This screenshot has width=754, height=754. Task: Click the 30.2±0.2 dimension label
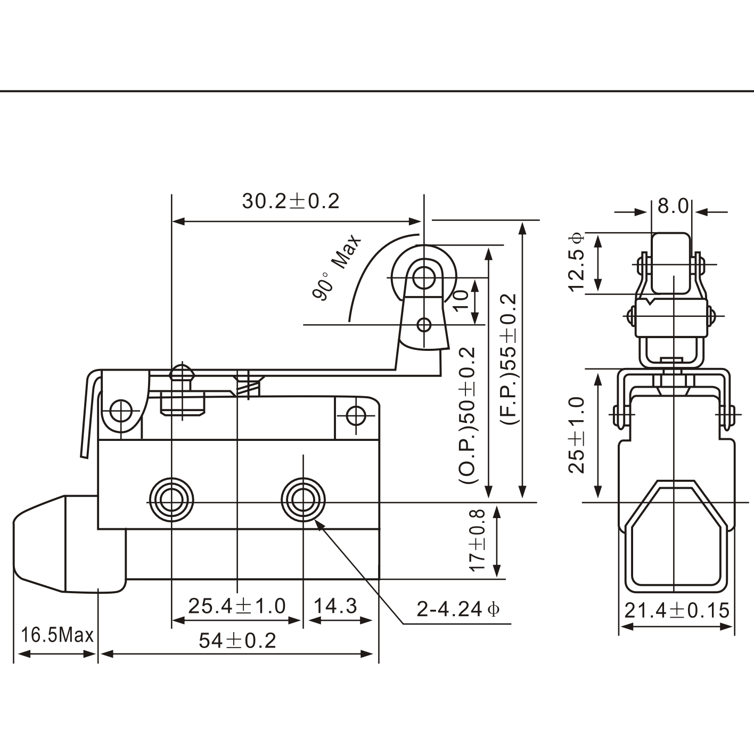tap(290, 201)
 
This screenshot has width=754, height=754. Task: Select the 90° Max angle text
tap(337, 268)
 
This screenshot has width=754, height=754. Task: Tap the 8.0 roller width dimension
tap(673, 206)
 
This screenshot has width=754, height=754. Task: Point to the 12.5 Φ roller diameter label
tap(577, 262)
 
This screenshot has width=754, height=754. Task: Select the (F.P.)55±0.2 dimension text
tap(509, 359)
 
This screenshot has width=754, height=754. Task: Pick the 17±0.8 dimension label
tap(478, 540)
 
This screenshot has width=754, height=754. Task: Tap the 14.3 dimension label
tap(335, 606)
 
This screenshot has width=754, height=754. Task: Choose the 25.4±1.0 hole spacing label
tap(237, 606)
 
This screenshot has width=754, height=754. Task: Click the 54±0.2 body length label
tap(237, 641)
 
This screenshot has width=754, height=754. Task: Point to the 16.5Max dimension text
tap(56, 635)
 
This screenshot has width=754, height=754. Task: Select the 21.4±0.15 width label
tap(676, 610)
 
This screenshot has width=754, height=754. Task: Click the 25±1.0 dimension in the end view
tap(577, 435)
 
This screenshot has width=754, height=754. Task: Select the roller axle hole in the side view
tap(424, 277)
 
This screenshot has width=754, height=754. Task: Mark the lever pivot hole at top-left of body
tap(121, 411)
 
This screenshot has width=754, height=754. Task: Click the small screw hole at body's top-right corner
tap(356, 415)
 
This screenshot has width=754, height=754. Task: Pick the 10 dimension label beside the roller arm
tap(462, 300)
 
